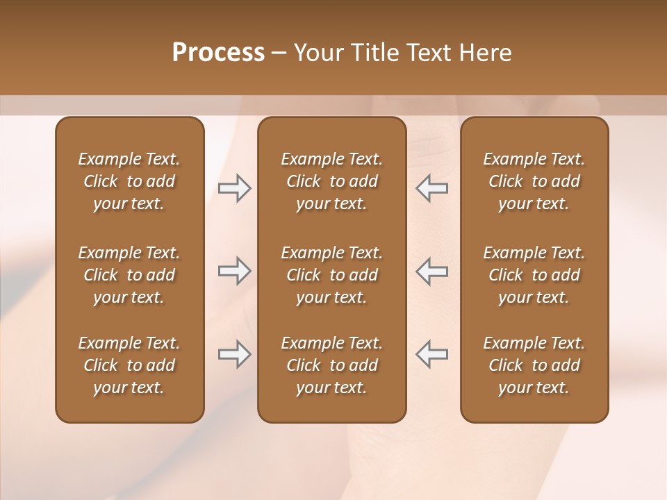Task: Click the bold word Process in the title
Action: click(x=218, y=53)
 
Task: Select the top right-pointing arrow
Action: click(x=234, y=188)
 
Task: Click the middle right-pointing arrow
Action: click(x=234, y=271)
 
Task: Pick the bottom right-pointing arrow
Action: click(x=234, y=354)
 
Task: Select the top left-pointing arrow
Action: click(x=432, y=188)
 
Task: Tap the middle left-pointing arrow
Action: click(x=432, y=271)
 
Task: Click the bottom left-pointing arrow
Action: click(x=432, y=354)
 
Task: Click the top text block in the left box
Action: click(x=129, y=181)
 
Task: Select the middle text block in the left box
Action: click(x=129, y=275)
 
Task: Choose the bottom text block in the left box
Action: click(x=129, y=365)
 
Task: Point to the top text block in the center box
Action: click(x=331, y=181)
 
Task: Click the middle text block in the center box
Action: click(x=331, y=275)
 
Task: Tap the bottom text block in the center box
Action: click(x=331, y=365)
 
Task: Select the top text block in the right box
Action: click(x=534, y=181)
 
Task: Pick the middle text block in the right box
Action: click(x=534, y=275)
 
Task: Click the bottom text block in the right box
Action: click(x=534, y=365)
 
